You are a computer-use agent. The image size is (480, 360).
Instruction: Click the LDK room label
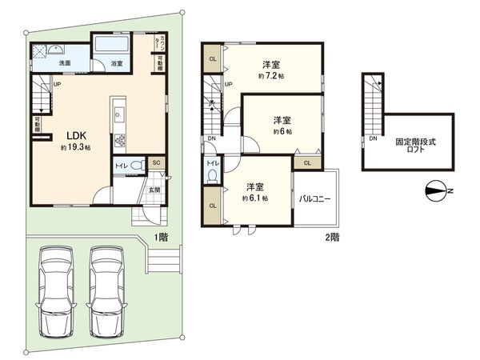tap(70, 134)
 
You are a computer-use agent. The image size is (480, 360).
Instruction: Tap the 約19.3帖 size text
tap(74, 148)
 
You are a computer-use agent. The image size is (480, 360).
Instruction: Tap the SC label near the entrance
tap(157, 163)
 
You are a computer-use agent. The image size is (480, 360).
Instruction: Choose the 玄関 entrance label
tap(154, 190)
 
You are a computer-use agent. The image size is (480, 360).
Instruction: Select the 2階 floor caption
tap(331, 238)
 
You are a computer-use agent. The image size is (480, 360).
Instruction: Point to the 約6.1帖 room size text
tap(256, 198)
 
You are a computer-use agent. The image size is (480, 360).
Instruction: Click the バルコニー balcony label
tap(316, 198)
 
